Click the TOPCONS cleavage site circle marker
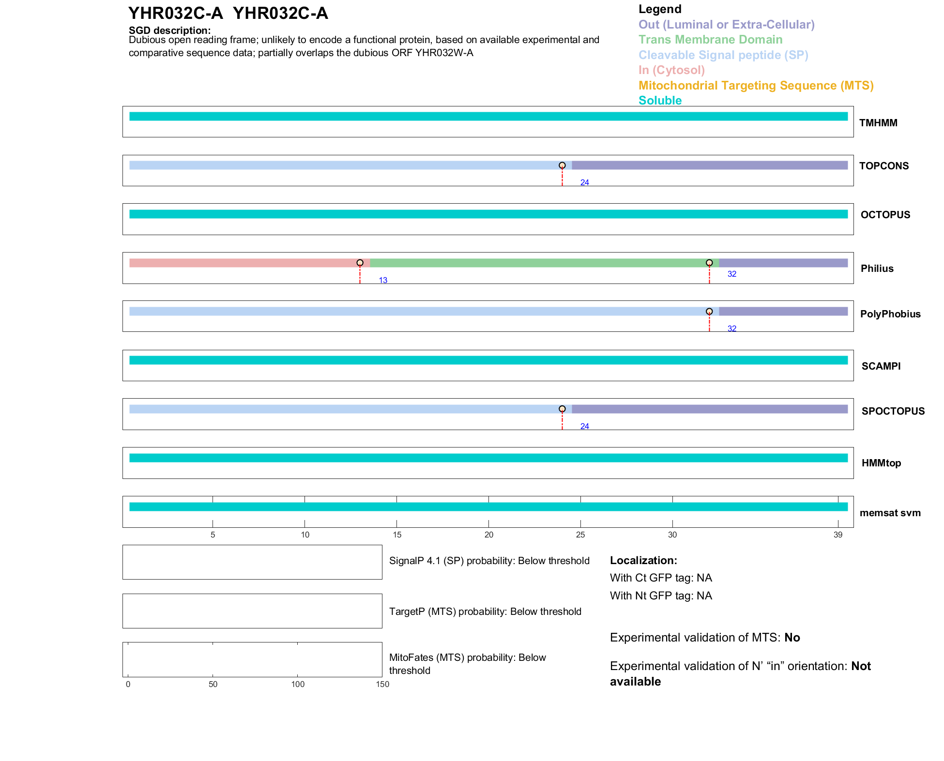point(562,165)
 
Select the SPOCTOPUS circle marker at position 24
point(562,409)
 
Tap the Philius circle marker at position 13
point(360,263)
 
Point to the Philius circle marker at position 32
point(709,263)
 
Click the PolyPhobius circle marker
point(709,311)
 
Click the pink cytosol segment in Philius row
point(244,263)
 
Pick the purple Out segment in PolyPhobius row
point(783,312)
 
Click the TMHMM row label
point(878,123)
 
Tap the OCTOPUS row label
point(885,215)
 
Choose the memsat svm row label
point(890,513)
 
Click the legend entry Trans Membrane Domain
point(710,40)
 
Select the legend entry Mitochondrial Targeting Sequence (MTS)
point(756,86)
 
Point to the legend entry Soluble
point(660,101)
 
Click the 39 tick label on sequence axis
point(837,535)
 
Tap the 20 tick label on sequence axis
point(488,535)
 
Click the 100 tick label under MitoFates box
point(298,684)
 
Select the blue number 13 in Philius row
point(383,281)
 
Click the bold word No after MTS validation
point(792,638)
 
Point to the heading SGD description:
point(169,30)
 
